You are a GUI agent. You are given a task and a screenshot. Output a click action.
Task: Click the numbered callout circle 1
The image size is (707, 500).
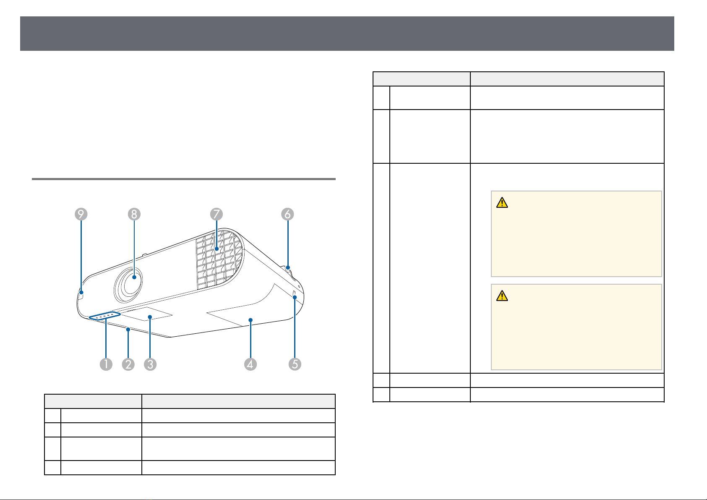(x=106, y=364)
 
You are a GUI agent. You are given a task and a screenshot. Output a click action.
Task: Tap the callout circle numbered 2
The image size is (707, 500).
(x=128, y=364)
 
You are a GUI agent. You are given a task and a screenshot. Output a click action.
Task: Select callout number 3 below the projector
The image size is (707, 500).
(x=150, y=364)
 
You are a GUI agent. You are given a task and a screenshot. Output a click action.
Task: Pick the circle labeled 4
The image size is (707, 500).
(x=250, y=364)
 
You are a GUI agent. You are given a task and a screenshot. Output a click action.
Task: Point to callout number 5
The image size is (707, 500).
(x=295, y=364)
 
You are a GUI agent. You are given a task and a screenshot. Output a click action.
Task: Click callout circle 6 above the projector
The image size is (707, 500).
(x=287, y=214)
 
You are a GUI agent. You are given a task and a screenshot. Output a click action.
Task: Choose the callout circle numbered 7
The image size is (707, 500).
(x=217, y=214)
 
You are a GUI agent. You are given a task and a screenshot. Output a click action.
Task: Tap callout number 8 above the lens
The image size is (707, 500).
(x=134, y=214)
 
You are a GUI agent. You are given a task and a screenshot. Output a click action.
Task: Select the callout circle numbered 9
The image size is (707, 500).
(x=81, y=214)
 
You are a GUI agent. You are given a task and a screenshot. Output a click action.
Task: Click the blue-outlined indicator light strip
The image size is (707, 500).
(x=105, y=316)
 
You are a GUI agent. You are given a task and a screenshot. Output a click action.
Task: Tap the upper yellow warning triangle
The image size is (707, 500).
(x=502, y=203)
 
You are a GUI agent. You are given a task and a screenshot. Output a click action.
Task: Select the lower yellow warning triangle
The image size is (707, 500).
(x=502, y=296)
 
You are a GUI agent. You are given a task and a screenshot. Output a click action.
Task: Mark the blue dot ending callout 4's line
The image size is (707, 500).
(x=250, y=320)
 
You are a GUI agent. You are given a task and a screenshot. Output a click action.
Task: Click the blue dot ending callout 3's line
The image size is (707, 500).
(x=150, y=317)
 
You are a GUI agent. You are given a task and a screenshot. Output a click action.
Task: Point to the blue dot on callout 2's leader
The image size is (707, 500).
(x=128, y=330)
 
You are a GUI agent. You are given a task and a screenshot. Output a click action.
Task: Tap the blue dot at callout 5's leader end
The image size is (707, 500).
(x=295, y=297)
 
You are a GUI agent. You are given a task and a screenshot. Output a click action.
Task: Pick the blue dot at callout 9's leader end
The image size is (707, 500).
(x=81, y=293)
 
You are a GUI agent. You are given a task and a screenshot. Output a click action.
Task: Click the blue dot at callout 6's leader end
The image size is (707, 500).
(x=288, y=268)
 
